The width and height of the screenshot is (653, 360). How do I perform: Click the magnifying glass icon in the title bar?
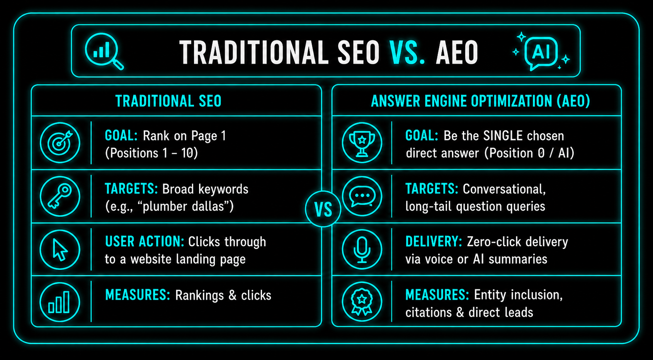(102, 49)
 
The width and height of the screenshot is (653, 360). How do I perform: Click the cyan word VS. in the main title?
(407, 53)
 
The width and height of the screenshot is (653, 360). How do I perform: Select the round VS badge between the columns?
(323, 209)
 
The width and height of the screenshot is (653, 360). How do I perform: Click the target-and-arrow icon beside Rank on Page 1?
(60, 143)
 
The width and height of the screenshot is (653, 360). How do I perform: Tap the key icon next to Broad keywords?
(60, 196)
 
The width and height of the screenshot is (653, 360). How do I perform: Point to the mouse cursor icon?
(60, 249)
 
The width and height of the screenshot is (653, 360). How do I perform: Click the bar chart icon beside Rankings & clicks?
(60, 302)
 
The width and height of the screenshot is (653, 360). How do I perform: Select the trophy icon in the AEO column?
(362, 143)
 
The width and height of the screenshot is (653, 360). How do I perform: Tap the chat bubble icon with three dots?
(362, 196)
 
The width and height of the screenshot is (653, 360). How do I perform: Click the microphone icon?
(362, 249)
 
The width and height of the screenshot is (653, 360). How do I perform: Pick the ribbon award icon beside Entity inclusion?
(362, 302)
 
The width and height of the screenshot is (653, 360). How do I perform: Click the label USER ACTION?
(145, 242)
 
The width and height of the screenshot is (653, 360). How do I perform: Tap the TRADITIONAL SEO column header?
(168, 101)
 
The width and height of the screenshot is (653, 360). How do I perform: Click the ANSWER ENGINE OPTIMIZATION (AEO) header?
(480, 101)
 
